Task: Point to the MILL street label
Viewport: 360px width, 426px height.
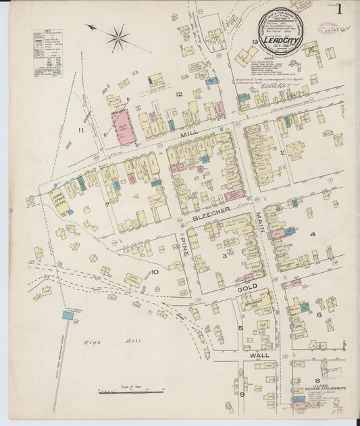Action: click(189, 134)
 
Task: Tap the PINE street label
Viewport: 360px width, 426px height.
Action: click(183, 246)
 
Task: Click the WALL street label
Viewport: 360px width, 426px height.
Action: click(259, 354)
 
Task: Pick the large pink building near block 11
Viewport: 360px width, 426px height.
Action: click(124, 127)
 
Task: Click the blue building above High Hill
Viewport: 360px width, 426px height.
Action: click(68, 315)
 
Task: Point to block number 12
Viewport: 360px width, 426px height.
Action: click(179, 94)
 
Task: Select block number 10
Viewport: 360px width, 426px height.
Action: click(155, 272)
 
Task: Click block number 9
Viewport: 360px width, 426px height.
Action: click(241, 394)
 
